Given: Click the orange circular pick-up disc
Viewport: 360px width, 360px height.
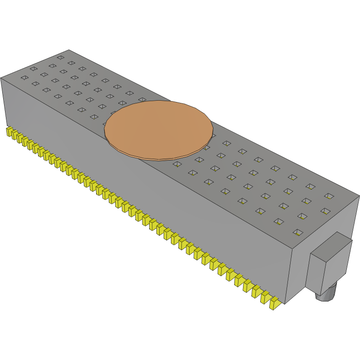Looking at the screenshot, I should tap(159, 128).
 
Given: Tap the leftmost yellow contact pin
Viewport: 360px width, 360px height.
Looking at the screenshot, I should tap(9, 131).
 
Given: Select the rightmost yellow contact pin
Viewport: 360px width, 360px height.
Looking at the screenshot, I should tap(274, 303).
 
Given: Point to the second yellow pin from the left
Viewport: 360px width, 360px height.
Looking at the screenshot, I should tap(14, 135).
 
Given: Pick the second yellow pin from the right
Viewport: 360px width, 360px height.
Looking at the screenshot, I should tap(265, 297).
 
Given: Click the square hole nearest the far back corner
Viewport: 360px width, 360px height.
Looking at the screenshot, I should tap(60, 58).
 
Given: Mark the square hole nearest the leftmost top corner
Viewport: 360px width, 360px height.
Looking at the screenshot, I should tap(24, 78).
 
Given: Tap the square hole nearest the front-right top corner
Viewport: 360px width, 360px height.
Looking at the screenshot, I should tap(298, 232).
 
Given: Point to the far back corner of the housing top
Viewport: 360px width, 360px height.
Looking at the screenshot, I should tap(68, 50).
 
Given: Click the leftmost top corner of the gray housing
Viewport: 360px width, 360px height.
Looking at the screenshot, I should tap(1, 78).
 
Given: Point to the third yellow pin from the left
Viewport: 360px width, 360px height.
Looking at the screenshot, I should tap(19, 138).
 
